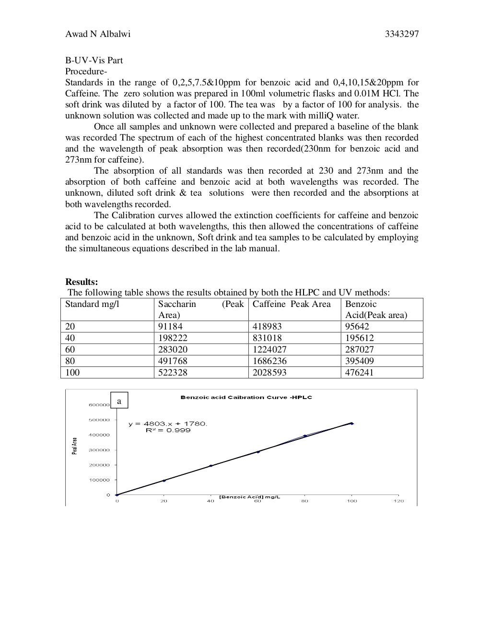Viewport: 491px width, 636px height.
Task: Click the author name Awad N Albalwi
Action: click(98, 34)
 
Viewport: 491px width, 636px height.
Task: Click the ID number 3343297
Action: click(402, 34)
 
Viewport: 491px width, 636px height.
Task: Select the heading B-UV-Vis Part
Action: click(94, 60)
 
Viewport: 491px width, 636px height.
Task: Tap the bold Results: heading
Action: click(82, 282)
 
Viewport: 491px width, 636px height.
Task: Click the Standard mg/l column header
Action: click(92, 304)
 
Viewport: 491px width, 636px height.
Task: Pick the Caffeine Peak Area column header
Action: click(292, 304)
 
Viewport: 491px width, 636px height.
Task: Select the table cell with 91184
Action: click(170, 327)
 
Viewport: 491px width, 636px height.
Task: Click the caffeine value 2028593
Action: click(269, 373)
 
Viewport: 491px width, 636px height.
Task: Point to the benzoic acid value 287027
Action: click(359, 350)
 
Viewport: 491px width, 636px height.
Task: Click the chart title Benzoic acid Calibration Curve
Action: click(246, 397)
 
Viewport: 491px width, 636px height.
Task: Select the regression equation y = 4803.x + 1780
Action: click(168, 424)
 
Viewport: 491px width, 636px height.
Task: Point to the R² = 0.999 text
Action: click(168, 430)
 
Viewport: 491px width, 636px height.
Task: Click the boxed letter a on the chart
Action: click(119, 400)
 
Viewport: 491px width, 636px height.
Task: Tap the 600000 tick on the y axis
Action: click(99, 405)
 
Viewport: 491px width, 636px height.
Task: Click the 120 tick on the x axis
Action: click(398, 501)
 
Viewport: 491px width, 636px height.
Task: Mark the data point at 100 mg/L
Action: click(351, 424)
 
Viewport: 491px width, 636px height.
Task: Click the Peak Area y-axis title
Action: click(74, 446)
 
